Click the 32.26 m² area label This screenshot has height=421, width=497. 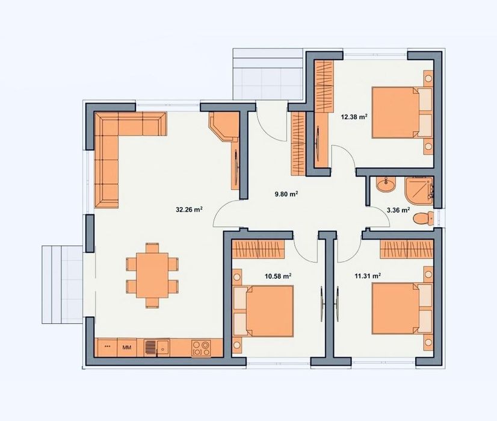coord(188,210)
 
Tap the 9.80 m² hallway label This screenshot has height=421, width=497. coord(286,194)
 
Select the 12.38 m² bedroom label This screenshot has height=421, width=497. coord(354,117)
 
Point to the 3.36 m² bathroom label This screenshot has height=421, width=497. coord(398,211)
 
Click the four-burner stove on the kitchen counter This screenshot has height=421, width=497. coord(201,347)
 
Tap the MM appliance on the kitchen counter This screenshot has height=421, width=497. coord(127,347)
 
